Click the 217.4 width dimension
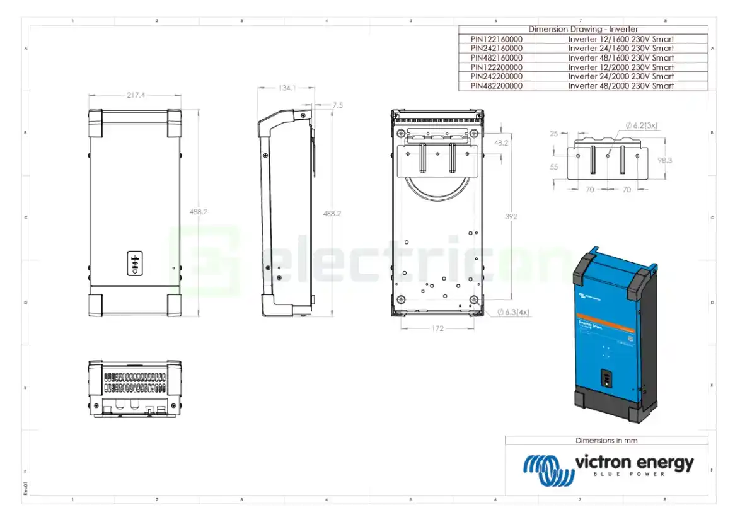(136, 95)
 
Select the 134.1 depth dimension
(287, 88)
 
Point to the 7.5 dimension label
(337, 105)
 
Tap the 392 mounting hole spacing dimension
(511, 217)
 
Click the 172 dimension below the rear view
(437, 328)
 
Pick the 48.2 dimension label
(501, 144)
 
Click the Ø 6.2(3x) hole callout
(642, 125)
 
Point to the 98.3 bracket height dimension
(664, 160)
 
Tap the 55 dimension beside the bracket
(554, 167)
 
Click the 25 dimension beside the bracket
(554, 134)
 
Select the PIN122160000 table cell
(496, 38)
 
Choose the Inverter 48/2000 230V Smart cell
(621, 86)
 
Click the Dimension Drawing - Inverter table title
(583, 29)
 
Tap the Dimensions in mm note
(606, 441)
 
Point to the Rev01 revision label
(26, 489)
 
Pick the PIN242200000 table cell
(496, 76)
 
